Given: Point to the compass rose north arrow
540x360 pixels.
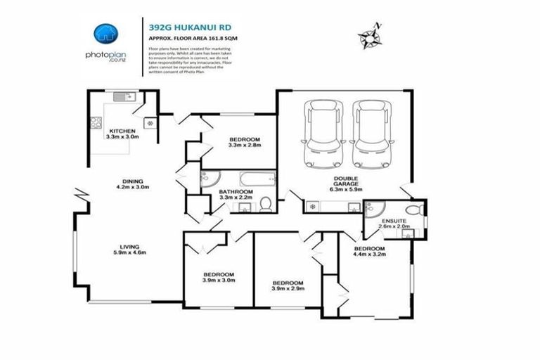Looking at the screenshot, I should click(x=368, y=32).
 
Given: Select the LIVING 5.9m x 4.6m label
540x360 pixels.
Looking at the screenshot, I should click(x=129, y=249).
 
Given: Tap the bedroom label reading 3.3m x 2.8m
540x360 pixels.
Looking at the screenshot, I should click(x=245, y=142).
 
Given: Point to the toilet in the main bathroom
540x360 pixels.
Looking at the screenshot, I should click(x=265, y=204).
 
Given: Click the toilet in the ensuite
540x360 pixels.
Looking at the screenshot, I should click(x=417, y=210).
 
